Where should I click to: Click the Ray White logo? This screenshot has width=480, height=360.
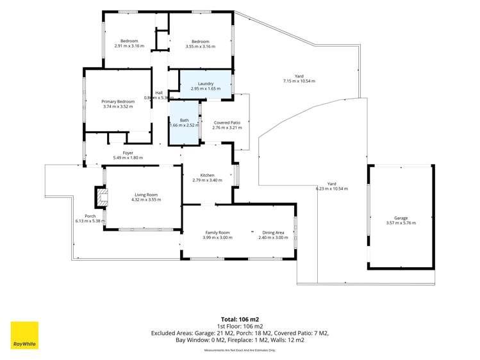click(24, 335)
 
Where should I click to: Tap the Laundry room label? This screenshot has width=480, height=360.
click(206, 84)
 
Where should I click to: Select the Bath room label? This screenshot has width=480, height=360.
click(185, 120)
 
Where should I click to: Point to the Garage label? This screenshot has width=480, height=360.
click(401, 218)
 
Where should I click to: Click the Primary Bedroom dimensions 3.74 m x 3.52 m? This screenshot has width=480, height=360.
click(118, 106)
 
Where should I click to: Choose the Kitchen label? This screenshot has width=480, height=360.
click(207, 176)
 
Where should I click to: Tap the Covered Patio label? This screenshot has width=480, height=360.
click(227, 122)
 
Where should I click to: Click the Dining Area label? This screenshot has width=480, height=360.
click(274, 233)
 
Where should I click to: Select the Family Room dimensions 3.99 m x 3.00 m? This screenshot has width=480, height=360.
click(218, 238)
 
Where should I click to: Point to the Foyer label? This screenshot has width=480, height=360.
click(128, 153)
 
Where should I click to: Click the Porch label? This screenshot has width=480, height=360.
click(90, 216)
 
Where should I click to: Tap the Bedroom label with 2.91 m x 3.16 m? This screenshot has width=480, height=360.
click(129, 41)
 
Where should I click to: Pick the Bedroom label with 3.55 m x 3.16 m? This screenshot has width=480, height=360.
click(201, 42)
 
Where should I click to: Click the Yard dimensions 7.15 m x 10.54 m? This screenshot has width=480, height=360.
click(299, 81)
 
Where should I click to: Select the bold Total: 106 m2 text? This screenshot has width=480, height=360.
click(240, 320)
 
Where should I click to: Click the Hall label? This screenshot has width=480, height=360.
click(159, 93)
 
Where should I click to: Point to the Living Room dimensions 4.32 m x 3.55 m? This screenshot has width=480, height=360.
click(146, 199)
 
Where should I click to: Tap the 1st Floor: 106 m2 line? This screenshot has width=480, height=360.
click(240, 327)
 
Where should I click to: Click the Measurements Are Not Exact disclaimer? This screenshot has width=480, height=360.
click(240, 350)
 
